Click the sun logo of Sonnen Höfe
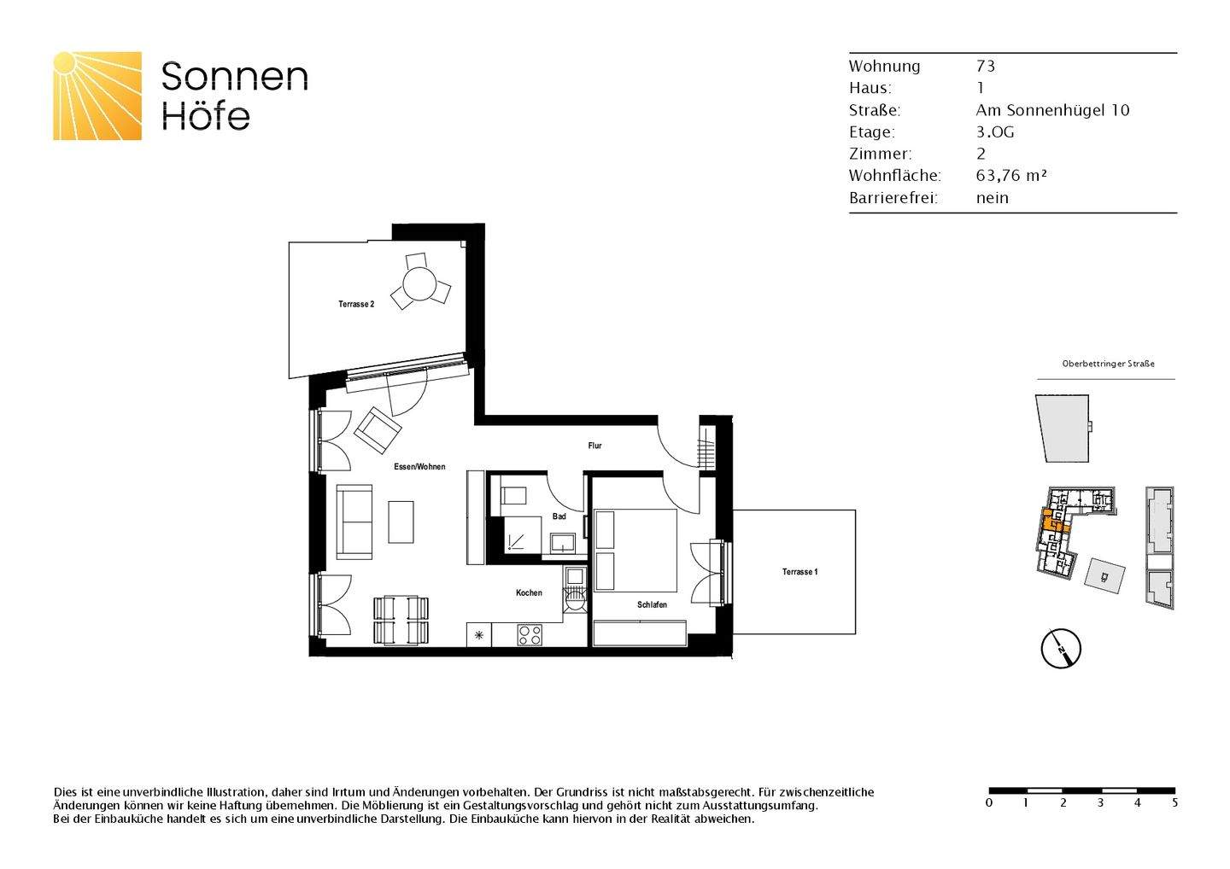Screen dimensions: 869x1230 click(97, 96)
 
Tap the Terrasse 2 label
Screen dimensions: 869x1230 click(355, 305)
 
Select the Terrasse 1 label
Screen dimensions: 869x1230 click(799, 572)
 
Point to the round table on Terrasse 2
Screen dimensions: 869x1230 click(419, 284)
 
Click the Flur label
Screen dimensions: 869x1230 click(594, 446)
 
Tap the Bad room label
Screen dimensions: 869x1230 click(559, 516)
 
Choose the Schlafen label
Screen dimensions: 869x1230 click(652, 604)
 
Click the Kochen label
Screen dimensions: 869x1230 click(529, 592)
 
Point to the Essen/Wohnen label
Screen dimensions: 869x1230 click(419, 467)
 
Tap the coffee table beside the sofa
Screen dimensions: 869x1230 click(401, 522)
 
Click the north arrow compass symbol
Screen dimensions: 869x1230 click(1061, 649)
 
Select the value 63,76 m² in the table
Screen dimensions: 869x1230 click(1011, 176)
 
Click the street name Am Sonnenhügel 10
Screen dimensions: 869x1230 click(1052, 110)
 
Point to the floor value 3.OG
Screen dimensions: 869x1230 click(995, 132)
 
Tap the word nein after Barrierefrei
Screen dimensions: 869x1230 click(992, 198)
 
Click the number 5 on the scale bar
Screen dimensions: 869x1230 click(1174, 802)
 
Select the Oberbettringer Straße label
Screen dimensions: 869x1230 click(1108, 364)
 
